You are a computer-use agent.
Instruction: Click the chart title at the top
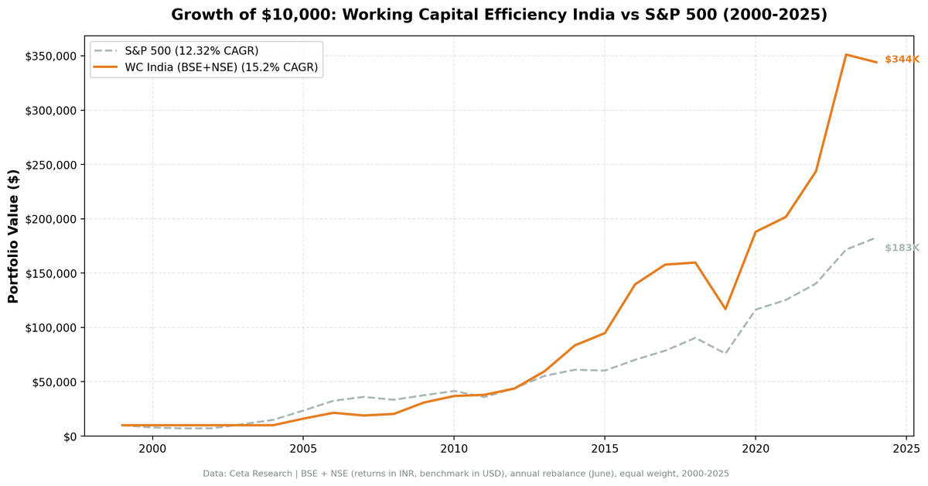click(499, 15)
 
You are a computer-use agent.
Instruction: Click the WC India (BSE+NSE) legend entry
click(221, 67)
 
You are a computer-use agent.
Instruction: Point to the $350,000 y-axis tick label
click(51, 56)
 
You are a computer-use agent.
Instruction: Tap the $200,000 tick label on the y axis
click(51, 219)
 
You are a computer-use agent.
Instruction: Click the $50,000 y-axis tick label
click(54, 382)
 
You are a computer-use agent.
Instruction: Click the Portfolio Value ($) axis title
click(13, 236)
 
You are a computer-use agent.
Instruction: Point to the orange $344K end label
click(901, 60)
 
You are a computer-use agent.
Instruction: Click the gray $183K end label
click(901, 248)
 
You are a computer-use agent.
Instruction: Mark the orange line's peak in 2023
click(846, 55)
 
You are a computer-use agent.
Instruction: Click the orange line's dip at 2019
click(725, 309)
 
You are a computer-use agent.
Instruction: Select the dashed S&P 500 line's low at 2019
click(725, 353)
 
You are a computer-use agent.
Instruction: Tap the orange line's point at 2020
click(756, 231)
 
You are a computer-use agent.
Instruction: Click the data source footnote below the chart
click(466, 473)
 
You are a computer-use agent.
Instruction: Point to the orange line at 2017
click(665, 265)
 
